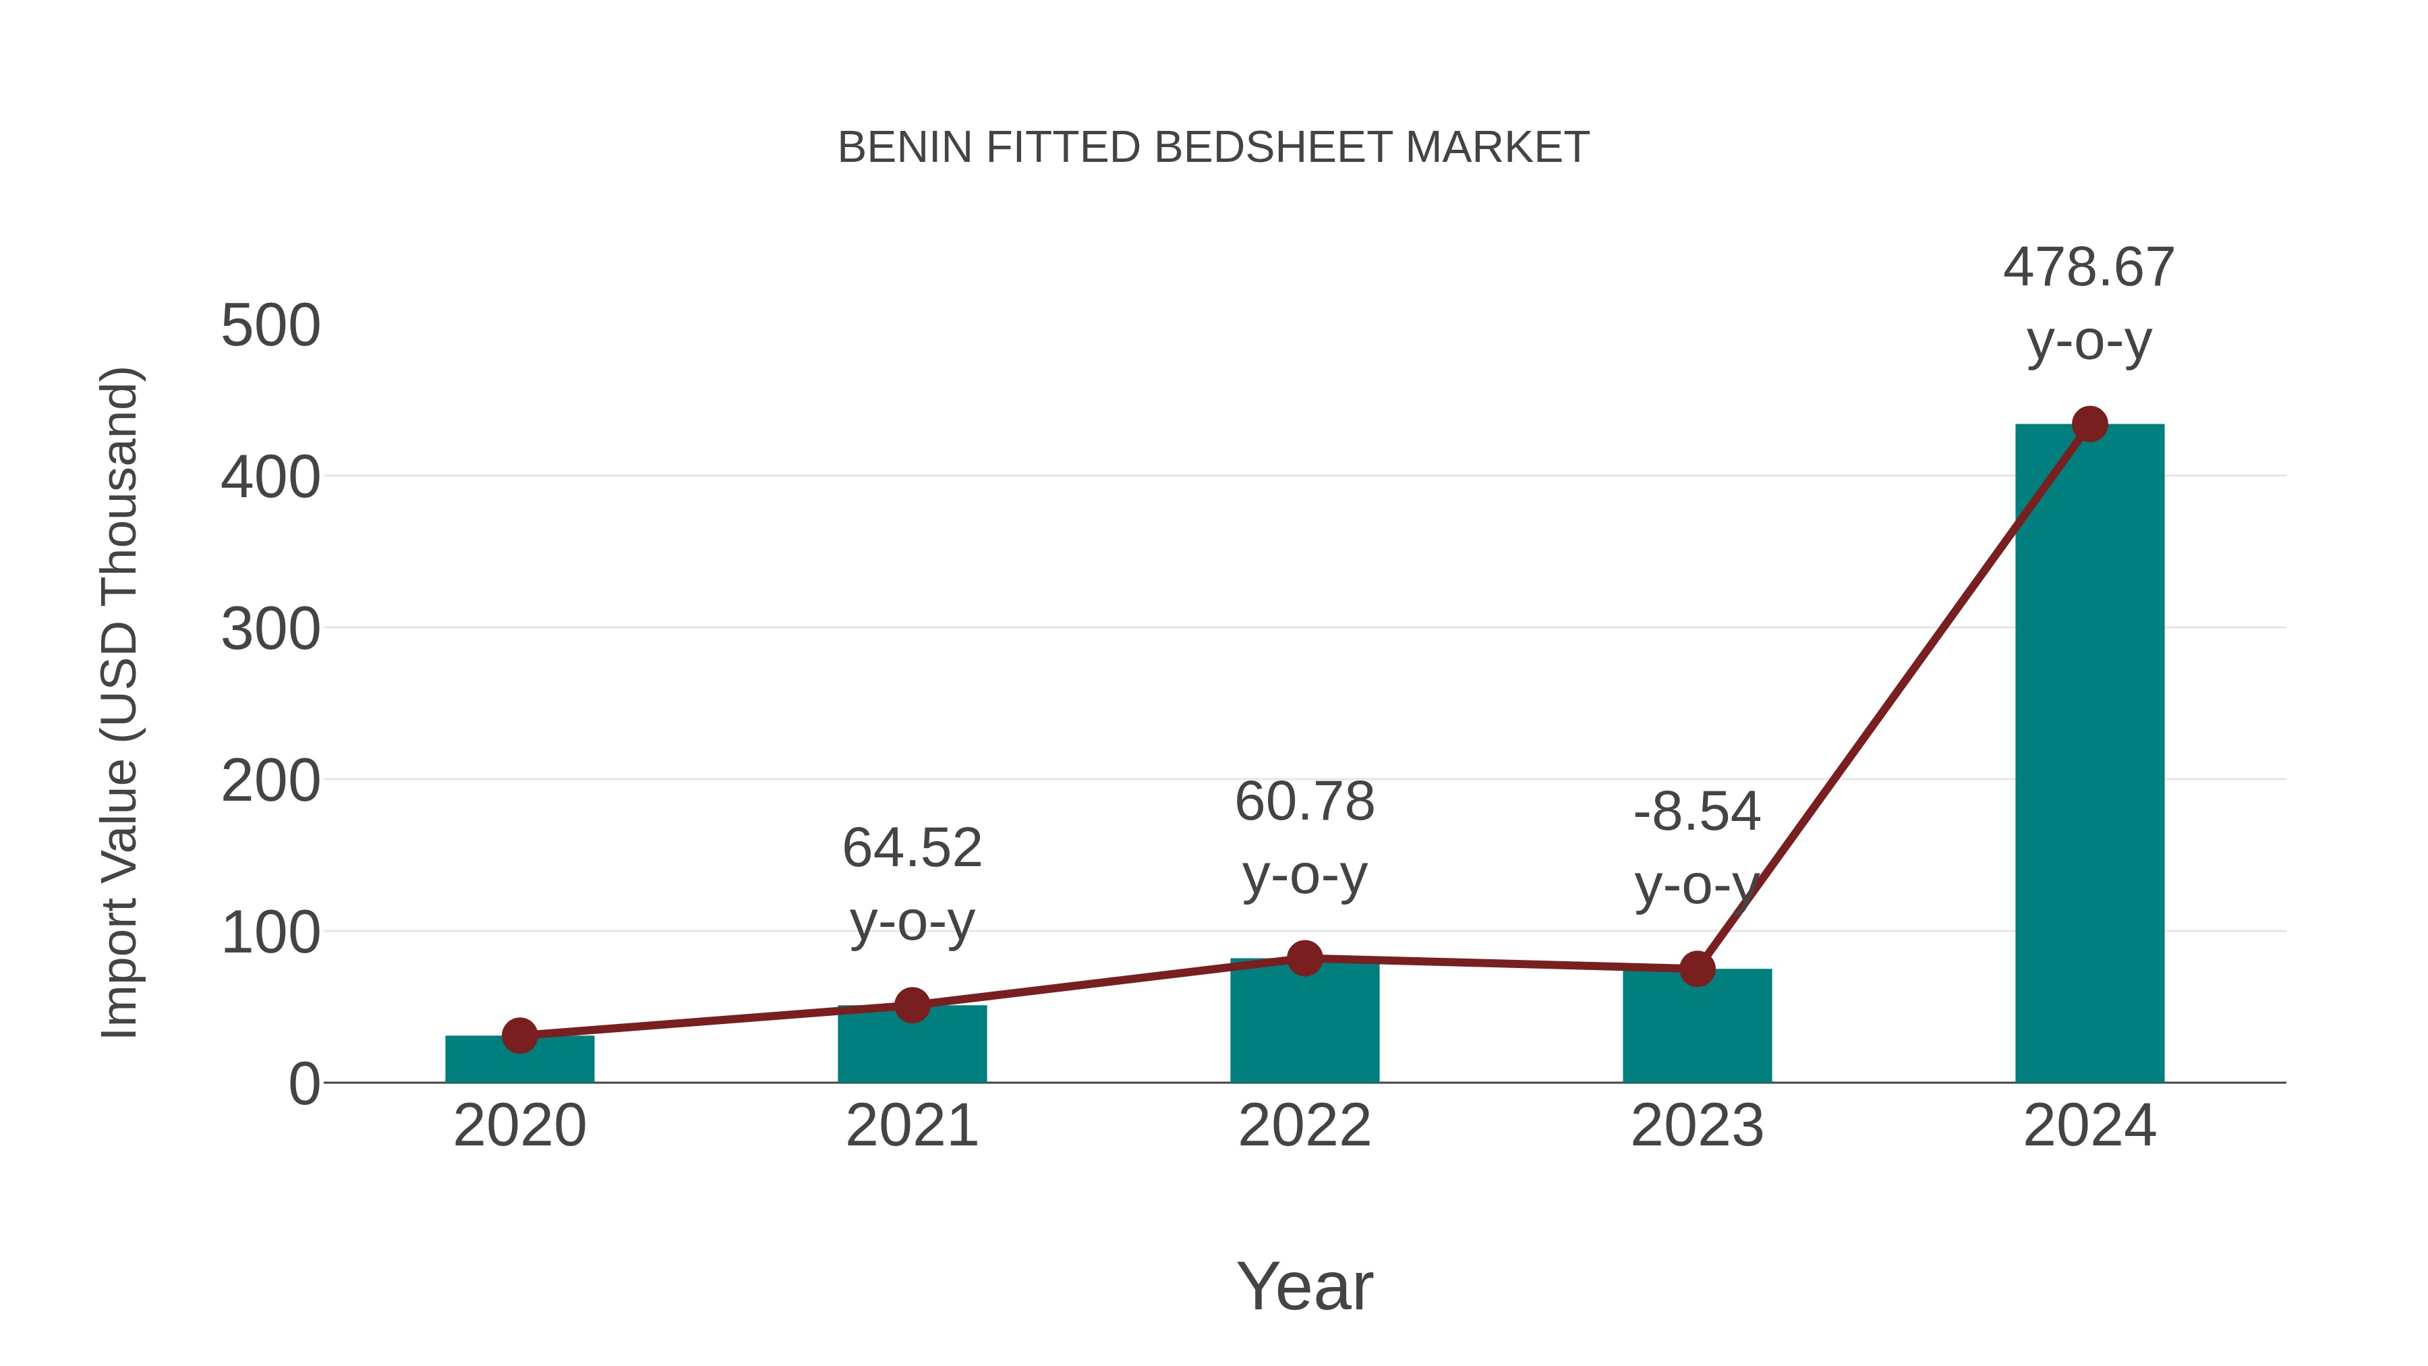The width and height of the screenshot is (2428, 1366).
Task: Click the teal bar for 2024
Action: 2089,754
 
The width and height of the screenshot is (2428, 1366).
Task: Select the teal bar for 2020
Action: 519,1060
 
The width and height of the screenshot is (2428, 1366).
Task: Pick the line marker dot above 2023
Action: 1697,968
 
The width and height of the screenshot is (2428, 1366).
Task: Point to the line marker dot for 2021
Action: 911,1005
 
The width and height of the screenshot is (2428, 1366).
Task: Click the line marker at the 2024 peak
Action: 2089,424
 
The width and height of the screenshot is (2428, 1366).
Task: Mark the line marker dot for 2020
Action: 519,1035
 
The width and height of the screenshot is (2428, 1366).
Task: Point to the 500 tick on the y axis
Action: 270,326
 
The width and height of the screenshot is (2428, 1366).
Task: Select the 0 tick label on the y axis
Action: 303,1083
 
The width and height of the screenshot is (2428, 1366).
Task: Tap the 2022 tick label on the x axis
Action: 1304,1126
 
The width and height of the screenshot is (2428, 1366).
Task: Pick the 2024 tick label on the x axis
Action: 2089,1126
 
